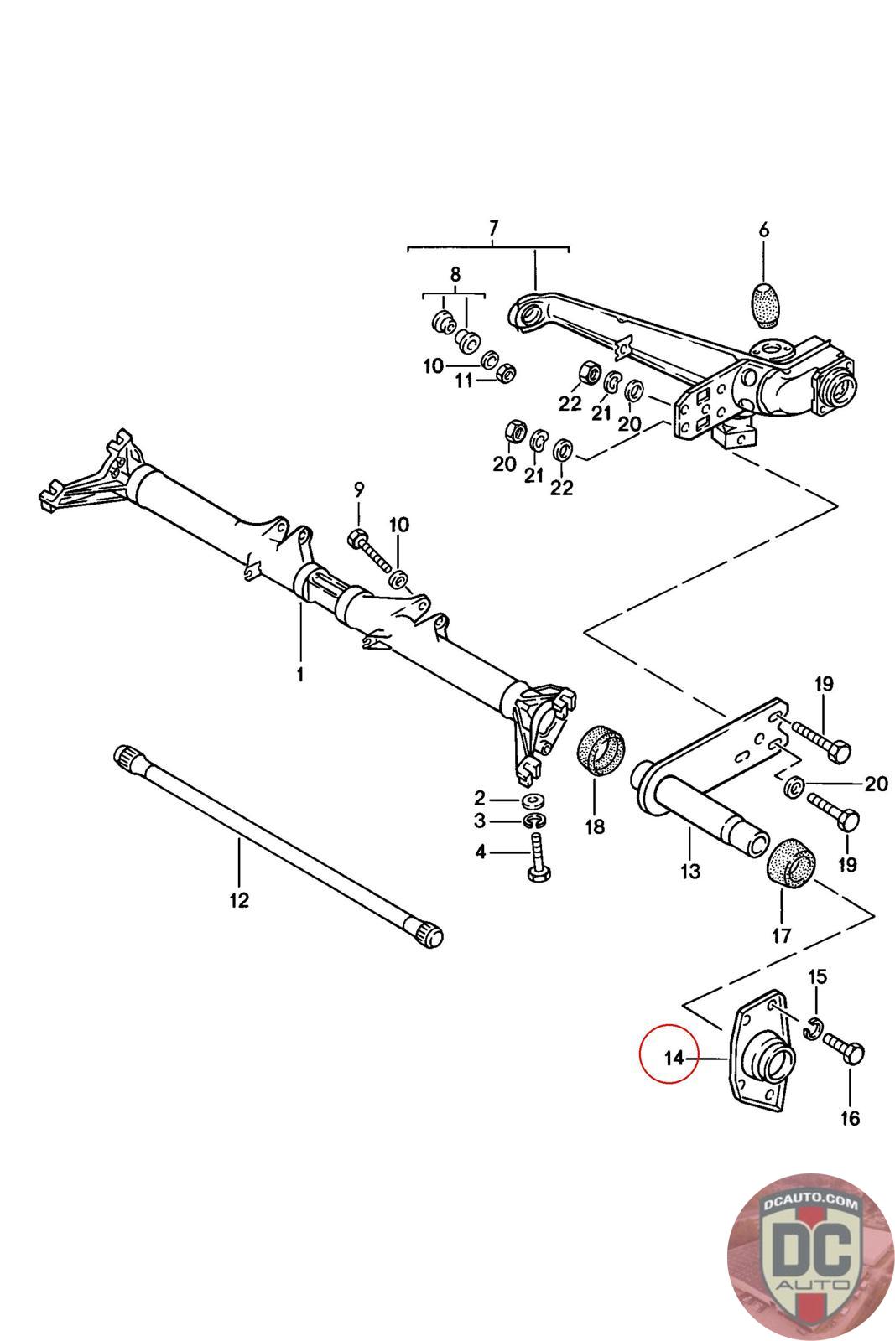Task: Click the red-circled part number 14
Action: [x=674, y=1059]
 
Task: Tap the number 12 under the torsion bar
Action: [x=239, y=901]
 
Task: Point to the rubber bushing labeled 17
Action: [x=791, y=863]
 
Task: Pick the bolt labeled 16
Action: [x=843, y=1048]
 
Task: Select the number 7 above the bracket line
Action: [x=493, y=227]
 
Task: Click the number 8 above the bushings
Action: [x=455, y=274]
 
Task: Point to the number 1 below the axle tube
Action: [x=300, y=674]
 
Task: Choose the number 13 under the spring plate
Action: [x=689, y=872]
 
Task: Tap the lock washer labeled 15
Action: [x=813, y=1028]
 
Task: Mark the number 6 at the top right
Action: [x=763, y=230]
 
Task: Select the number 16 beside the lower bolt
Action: [x=850, y=1118]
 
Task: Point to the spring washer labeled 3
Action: [x=533, y=821]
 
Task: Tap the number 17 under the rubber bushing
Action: [x=781, y=935]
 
